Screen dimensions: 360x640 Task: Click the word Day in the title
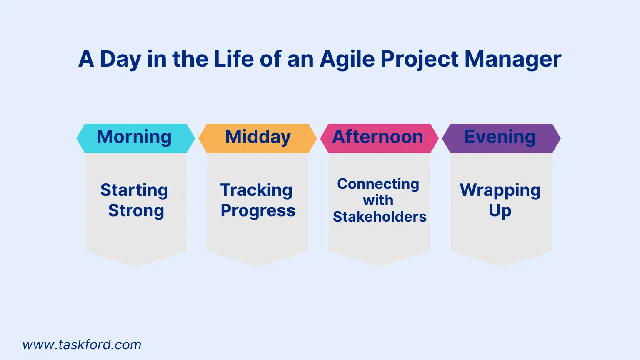click(x=120, y=59)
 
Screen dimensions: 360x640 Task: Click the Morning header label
click(x=135, y=137)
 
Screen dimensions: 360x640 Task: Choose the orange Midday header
click(x=258, y=137)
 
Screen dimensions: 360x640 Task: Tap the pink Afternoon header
click(x=378, y=137)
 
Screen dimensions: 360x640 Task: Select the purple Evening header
click(x=500, y=137)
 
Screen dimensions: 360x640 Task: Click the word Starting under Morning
click(x=134, y=190)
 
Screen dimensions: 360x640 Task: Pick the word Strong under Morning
click(x=136, y=211)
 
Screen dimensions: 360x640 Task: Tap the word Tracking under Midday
click(x=256, y=190)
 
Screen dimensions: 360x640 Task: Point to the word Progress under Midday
click(x=258, y=211)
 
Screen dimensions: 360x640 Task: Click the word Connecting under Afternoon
click(x=378, y=184)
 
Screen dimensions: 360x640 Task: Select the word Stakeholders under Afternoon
click(x=380, y=217)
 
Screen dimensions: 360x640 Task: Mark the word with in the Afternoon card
click(x=378, y=200)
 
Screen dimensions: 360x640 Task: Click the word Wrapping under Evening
click(x=500, y=190)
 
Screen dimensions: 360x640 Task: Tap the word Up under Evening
click(x=500, y=211)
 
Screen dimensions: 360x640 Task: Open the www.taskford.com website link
click(x=82, y=345)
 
